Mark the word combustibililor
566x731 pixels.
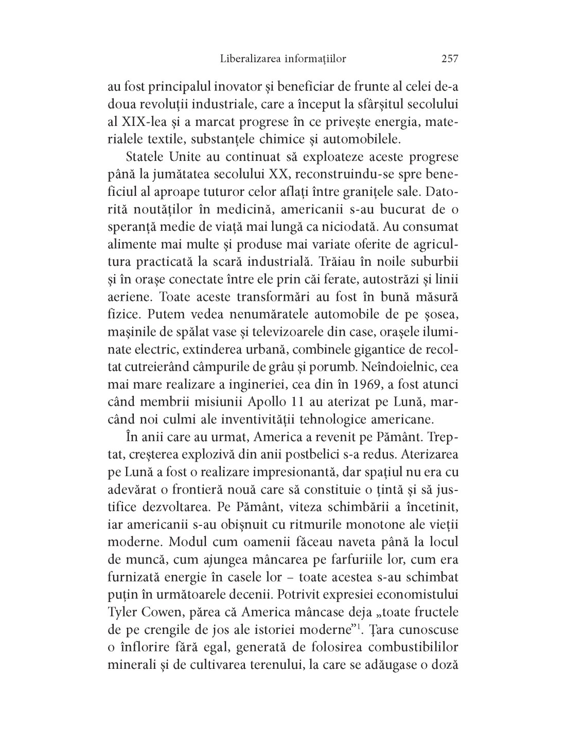[406, 648]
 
